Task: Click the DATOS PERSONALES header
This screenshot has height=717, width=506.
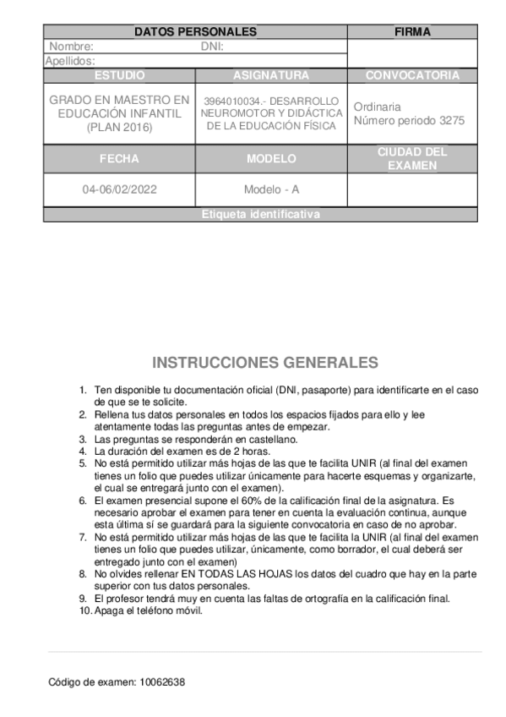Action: (195, 32)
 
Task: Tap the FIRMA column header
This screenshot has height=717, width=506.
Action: (412, 32)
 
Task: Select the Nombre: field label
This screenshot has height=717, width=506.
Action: (71, 47)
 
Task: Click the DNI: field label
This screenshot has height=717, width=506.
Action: (211, 47)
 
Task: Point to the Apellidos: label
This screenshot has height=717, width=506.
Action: (69, 61)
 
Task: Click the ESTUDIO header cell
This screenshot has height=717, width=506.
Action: (119, 75)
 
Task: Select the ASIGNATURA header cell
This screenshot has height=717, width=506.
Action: (271, 75)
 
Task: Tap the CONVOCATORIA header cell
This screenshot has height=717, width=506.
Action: (412, 75)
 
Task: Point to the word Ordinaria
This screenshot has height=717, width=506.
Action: (378, 107)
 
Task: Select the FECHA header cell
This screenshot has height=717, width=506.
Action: (119, 158)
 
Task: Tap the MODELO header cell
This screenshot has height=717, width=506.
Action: (271, 158)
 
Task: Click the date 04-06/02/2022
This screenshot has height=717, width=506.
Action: (119, 189)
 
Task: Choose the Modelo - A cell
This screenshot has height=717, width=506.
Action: (271, 189)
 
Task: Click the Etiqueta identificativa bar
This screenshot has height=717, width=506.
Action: (261, 215)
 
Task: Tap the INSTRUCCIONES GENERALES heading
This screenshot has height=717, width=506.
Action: (265, 363)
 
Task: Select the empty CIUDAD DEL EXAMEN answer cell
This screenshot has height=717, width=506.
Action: (412, 189)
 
